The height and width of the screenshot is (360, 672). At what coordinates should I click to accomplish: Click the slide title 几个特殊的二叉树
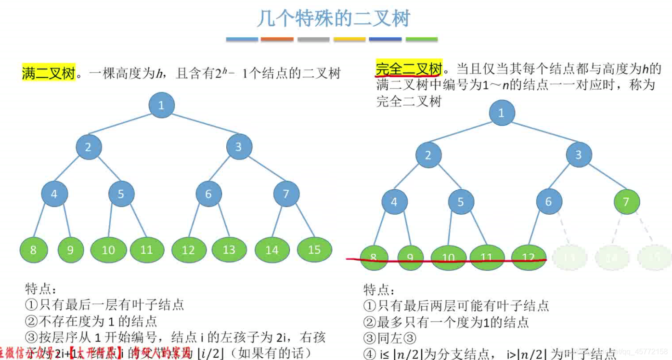point(333,19)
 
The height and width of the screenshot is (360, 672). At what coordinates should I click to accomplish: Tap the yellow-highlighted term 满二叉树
point(48,73)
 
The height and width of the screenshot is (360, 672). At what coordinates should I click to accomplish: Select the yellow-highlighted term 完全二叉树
point(408,69)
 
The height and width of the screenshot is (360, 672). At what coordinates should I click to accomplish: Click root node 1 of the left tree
point(161,105)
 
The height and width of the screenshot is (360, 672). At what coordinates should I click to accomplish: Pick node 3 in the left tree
point(238,147)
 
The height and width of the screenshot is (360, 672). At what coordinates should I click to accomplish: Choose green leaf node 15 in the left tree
point(314,249)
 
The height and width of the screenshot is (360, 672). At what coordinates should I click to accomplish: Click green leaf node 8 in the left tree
point(34,250)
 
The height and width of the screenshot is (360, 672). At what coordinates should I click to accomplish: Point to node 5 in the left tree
point(121,194)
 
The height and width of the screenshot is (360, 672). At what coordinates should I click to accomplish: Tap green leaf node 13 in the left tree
point(229,250)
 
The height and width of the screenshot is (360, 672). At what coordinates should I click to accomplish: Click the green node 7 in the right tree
point(626,201)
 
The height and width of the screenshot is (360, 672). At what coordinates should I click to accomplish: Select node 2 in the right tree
point(428,155)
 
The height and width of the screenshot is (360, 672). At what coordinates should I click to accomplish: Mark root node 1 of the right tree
point(501,113)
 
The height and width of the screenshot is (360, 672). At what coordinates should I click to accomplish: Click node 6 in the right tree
point(548,201)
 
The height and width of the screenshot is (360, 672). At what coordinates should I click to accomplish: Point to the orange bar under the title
point(277,40)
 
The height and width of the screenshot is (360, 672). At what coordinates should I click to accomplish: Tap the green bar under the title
point(421,40)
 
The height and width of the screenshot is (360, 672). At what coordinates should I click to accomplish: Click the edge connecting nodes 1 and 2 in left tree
point(124,126)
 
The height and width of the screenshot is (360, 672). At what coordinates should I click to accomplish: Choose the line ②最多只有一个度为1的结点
point(446,322)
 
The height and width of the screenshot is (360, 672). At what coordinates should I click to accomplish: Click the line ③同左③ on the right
point(390,338)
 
